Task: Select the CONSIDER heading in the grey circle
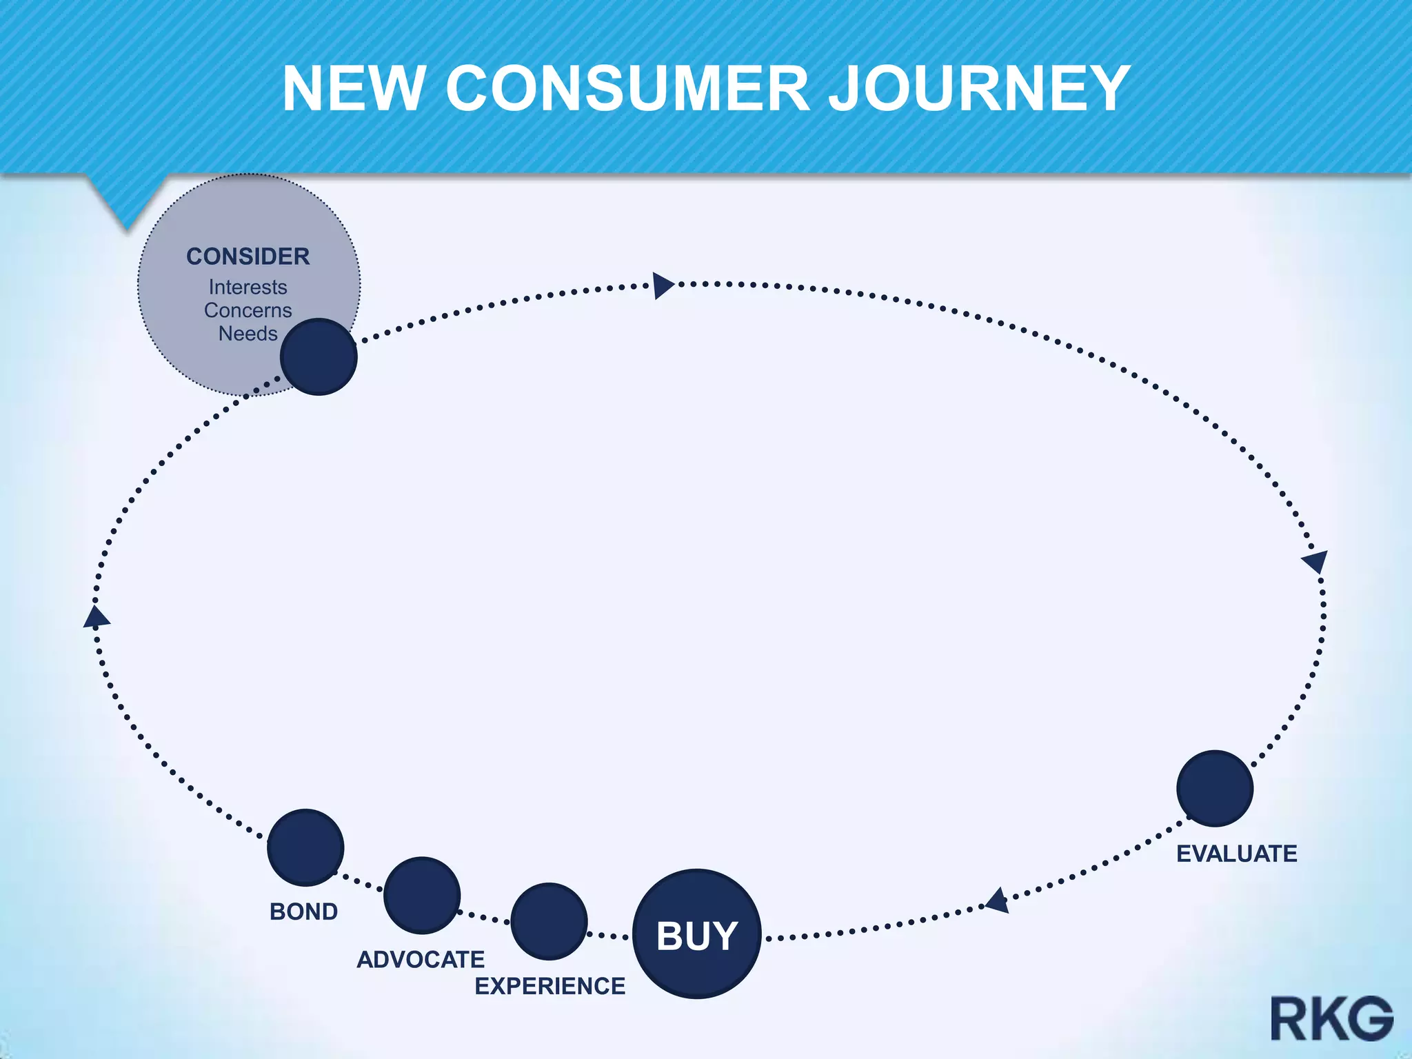[x=248, y=256]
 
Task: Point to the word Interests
[x=248, y=287]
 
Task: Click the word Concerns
[x=248, y=310]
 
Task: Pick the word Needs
[x=248, y=334]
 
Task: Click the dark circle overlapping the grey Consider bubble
[x=319, y=356]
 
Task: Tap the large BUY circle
[x=697, y=934]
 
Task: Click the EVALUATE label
[x=1236, y=854]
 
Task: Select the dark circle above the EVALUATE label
[x=1215, y=788]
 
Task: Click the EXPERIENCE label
[x=550, y=986]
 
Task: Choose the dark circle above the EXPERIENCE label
[x=549, y=921]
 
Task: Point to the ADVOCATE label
[x=421, y=959]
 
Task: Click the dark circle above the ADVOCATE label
[x=422, y=895]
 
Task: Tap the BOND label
[x=303, y=911]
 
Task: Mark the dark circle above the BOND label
[x=305, y=847]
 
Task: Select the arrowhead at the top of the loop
[x=663, y=285]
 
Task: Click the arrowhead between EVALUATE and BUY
[x=998, y=900]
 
